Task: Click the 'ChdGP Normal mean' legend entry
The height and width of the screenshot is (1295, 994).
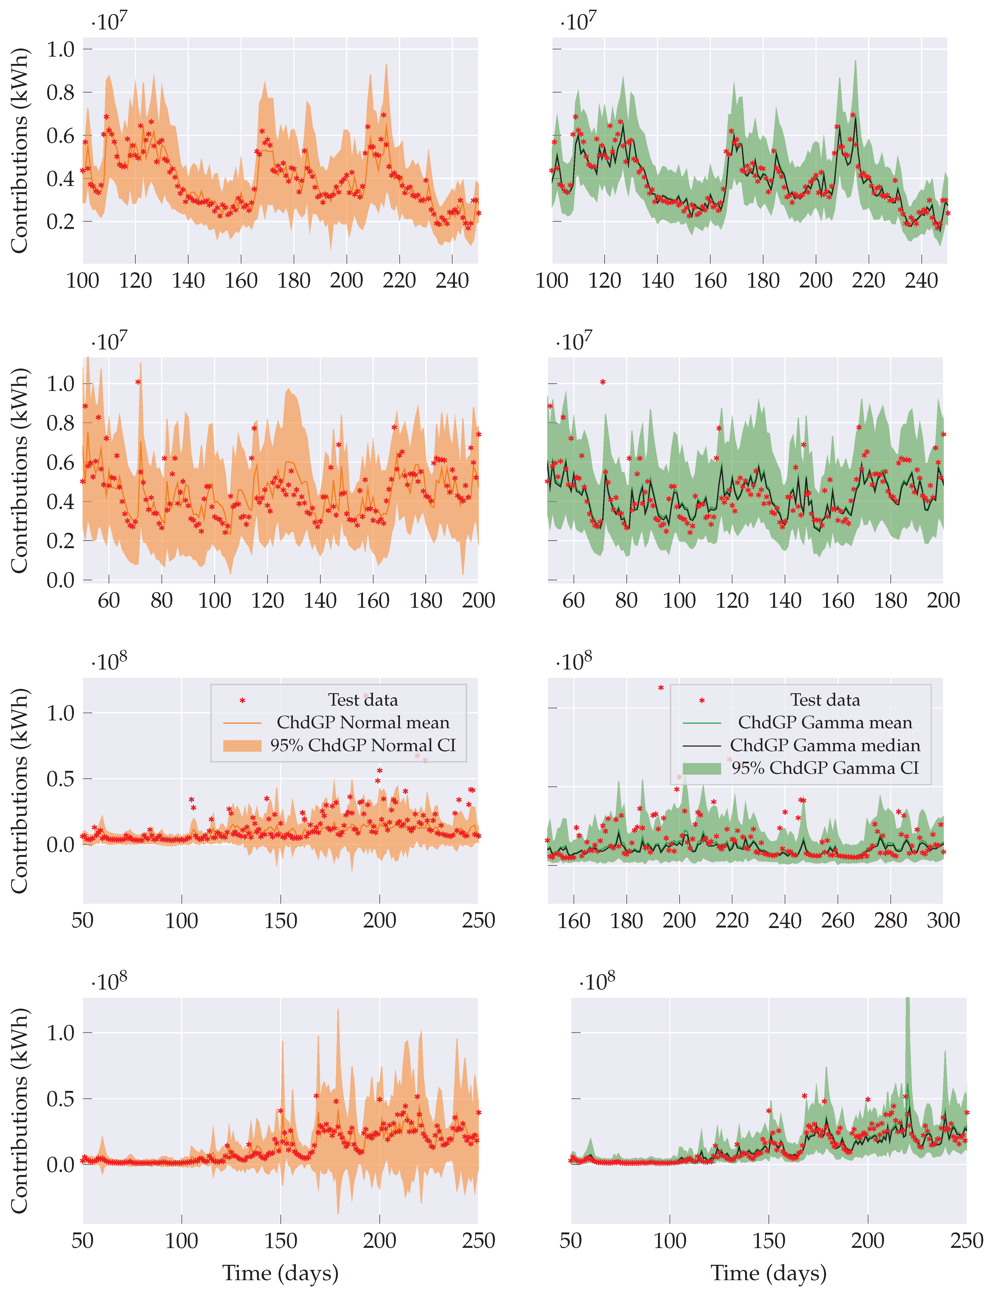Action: [x=363, y=722]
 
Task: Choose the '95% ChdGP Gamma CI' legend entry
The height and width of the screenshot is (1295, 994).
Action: [x=825, y=768]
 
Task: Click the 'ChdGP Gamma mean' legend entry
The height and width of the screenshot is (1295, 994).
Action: [x=825, y=722]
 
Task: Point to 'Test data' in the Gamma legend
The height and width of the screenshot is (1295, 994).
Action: [x=825, y=700]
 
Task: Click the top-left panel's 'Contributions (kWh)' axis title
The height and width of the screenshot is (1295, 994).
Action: [x=19, y=151]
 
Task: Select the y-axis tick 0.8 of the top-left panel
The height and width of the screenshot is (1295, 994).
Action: [x=61, y=92]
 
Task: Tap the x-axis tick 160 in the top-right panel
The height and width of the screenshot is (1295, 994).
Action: [x=710, y=280]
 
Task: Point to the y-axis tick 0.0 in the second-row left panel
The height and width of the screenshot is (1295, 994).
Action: [x=61, y=580]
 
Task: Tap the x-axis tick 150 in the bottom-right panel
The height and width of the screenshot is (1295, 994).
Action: [x=769, y=1241]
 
